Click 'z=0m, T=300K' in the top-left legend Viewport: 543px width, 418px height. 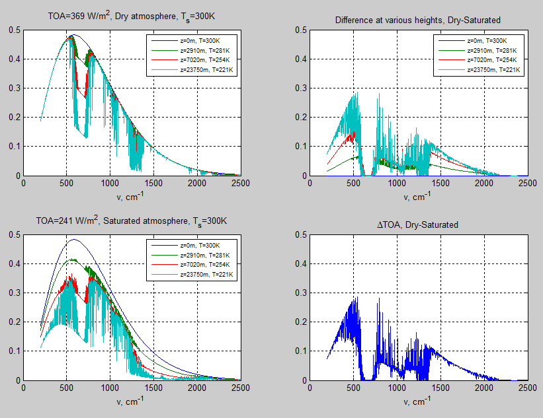(x=196, y=41)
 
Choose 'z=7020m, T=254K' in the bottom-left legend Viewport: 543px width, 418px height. (x=196, y=264)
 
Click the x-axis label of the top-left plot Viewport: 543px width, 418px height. (x=132, y=196)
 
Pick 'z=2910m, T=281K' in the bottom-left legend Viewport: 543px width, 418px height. (x=196, y=255)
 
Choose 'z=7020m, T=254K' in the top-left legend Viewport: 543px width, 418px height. (x=196, y=59)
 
